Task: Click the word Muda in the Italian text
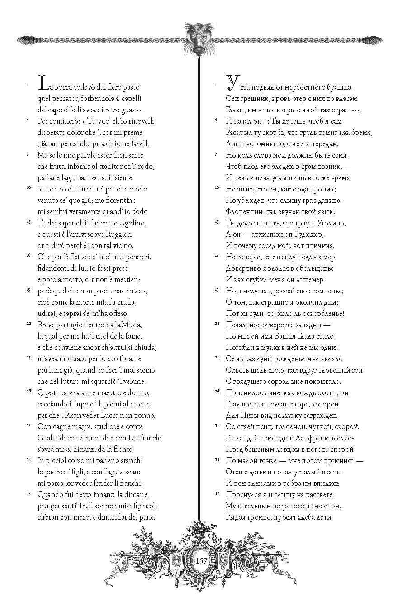pos(133,325)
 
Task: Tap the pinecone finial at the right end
pos(374,40)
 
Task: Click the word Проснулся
pos(244,495)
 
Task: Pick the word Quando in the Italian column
pos(51,495)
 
